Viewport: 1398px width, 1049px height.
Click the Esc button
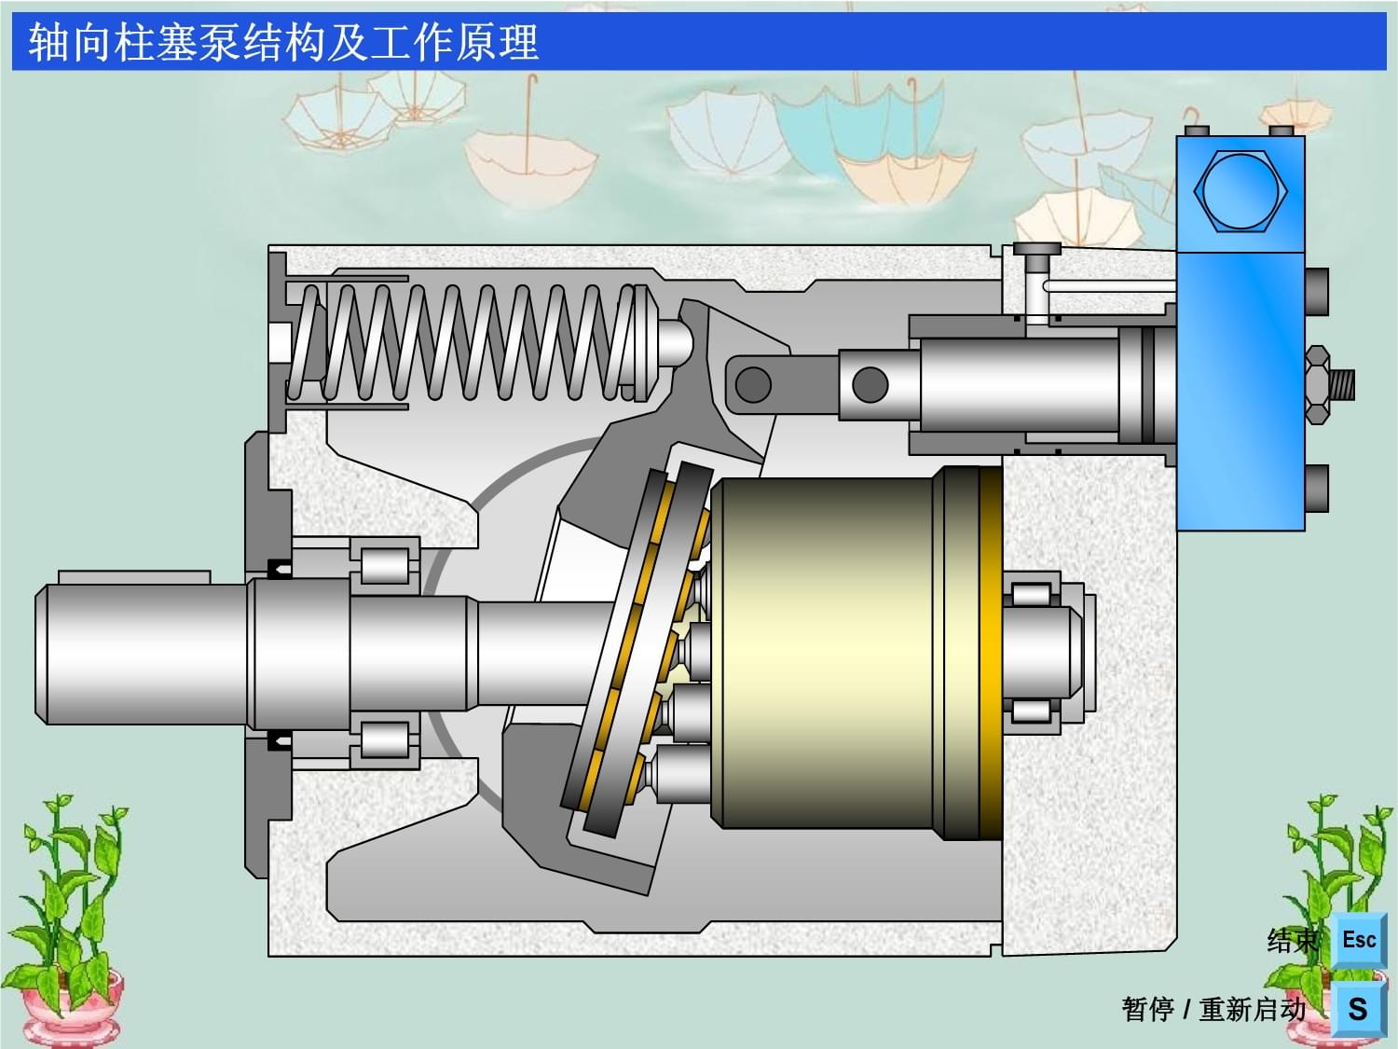[x=1359, y=940]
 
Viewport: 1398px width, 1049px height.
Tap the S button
[x=1359, y=1008]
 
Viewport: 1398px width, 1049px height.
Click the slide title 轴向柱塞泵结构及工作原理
[x=284, y=42]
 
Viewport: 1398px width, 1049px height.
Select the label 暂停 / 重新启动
[x=1213, y=1010]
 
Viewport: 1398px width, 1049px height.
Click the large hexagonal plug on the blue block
[x=1240, y=190]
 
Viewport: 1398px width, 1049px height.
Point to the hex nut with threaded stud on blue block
[x=1329, y=385]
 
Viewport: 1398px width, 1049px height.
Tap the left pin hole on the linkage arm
[x=753, y=384]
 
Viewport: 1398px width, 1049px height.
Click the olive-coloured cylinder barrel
[x=828, y=654]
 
